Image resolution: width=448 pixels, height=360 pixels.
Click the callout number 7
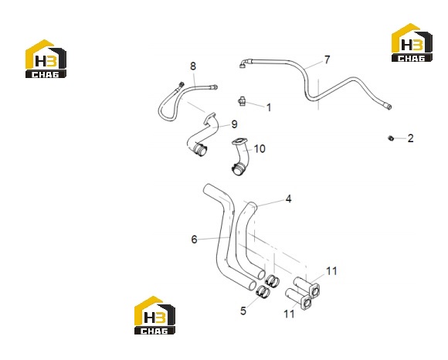(x=328, y=59)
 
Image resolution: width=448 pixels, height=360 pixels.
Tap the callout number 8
(x=193, y=66)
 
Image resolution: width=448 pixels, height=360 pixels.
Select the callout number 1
(x=269, y=107)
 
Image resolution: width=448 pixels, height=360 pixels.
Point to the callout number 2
(x=410, y=138)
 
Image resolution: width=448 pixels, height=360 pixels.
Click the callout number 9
(x=234, y=124)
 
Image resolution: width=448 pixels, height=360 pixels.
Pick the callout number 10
(x=260, y=148)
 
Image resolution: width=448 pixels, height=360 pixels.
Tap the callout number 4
(x=289, y=199)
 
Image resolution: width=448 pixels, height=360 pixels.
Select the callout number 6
(x=195, y=239)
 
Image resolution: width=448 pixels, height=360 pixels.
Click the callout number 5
(x=243, y=311)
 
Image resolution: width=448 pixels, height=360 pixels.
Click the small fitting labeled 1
(x=242, y=101)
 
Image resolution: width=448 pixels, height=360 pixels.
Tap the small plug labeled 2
(x=391, y=138)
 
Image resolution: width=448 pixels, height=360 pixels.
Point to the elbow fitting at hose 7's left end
(x=244, y=63)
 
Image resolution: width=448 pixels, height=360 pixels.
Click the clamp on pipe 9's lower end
(x=200, y=149)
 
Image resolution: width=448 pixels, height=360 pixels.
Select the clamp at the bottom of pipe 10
(x=239, y=168)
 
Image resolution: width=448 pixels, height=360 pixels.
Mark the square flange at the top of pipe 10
(x=239, y=142)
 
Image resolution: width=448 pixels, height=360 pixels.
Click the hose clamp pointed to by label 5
(x=263, y=291)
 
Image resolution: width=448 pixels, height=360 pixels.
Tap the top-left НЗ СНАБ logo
(x=46, y=59)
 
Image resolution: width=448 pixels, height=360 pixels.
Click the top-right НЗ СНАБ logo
(x=412, y=42)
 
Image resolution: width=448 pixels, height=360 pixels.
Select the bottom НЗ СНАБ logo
(x=154, y=315)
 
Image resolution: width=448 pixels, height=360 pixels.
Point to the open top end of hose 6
(x=209, y=188)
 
